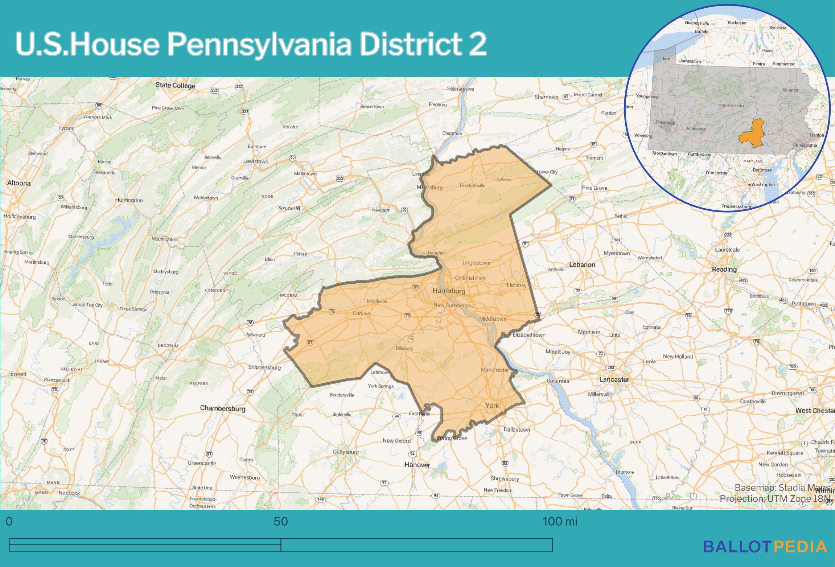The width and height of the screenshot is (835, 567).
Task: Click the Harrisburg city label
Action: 449,291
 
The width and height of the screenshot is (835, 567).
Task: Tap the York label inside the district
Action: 492,406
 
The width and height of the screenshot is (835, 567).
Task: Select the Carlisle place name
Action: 361,313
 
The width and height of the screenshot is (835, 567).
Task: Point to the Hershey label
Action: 517,285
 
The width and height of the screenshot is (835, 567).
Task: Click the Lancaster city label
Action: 614,379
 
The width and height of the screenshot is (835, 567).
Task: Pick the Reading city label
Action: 724,269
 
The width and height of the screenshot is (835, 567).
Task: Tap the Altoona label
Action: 19,183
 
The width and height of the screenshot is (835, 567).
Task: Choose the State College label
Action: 175,85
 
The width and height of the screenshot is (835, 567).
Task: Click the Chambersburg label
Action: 223,408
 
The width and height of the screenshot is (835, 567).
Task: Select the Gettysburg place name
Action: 346,452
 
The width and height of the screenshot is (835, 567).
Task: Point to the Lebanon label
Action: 582,265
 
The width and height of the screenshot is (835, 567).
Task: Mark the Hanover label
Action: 417,465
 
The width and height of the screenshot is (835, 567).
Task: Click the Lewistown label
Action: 256,161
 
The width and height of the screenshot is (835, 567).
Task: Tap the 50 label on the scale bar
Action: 281,521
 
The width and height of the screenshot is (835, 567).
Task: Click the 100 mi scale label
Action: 559,521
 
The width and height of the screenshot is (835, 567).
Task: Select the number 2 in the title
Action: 477,44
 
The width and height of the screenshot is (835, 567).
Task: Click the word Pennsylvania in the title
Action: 259,44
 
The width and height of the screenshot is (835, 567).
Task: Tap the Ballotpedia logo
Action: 765,547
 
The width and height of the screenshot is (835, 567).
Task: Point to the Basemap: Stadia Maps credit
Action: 782,487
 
